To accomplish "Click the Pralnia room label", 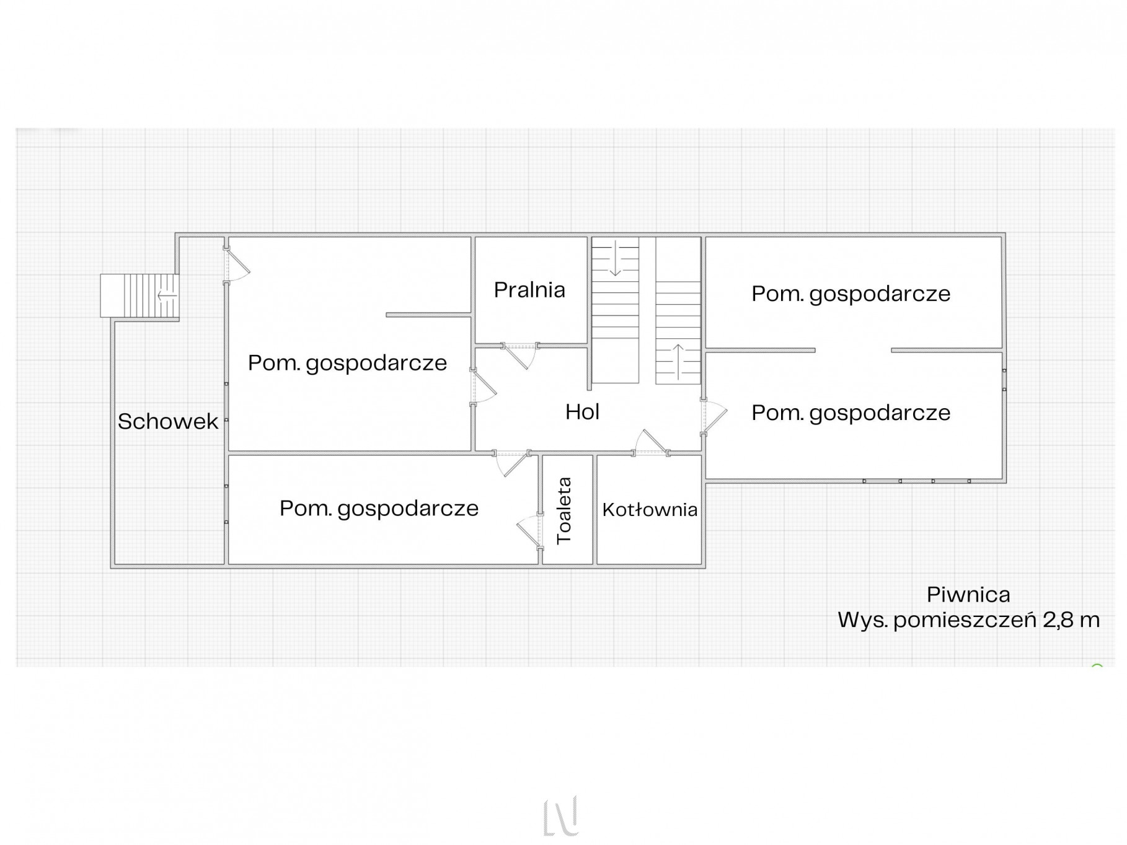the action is (529, 290).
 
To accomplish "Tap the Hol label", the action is (582, 412).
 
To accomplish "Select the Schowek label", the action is (168, 421).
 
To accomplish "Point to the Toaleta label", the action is (564, 510).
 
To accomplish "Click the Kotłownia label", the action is (650, 509).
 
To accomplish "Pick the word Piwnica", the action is (968, 595).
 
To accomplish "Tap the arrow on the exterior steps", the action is (167, 296).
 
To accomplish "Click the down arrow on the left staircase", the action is (615, 260).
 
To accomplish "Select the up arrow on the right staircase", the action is (678, 362).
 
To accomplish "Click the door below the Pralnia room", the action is (519, 356).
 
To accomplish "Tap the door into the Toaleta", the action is (530, 532).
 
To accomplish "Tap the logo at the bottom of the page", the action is (561, 816).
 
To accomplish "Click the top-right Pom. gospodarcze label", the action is (851, 294).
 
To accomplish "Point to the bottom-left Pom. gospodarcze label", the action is (379, 509).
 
